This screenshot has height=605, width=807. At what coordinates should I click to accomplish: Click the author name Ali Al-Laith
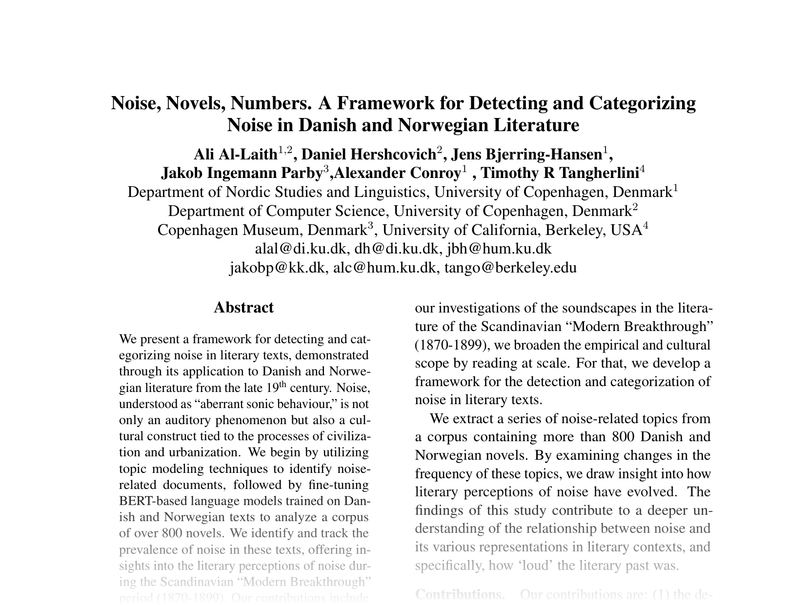click(x=236, y=155)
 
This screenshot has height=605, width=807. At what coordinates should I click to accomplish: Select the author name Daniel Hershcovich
click(x=369, y=155)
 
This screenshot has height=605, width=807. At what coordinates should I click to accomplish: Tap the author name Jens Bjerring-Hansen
click(x=527, y=155)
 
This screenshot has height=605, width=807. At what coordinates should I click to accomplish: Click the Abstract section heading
click(x=243, y=308)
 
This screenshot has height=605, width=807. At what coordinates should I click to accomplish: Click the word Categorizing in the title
click(x=642, y=103)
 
